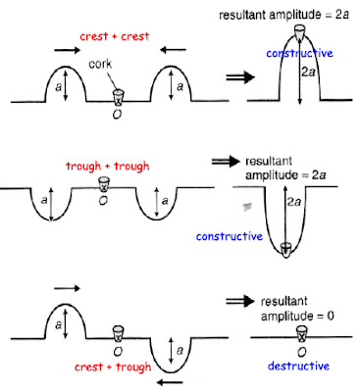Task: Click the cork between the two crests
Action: pos(119,96)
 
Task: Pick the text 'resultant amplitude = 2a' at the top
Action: pos(289,13)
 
